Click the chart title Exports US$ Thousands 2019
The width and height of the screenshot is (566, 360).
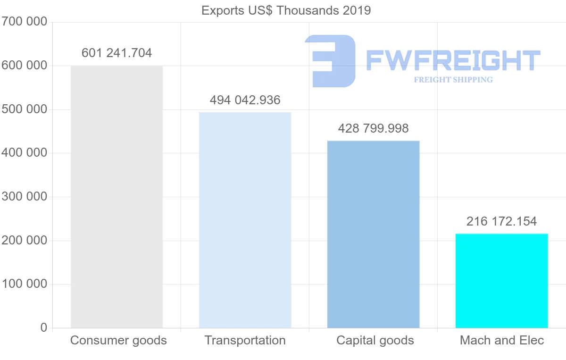(x=286, y=10)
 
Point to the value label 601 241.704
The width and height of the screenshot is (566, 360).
(x=117, y=53)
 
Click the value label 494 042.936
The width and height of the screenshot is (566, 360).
(x=245, y=100)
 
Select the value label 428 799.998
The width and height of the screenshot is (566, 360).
(x=373, y=128)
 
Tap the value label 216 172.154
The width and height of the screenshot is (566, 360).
(x=501, y=221)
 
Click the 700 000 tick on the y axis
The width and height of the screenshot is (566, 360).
(x=24, y=22)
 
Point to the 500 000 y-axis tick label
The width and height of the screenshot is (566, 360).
(x=24, y=109)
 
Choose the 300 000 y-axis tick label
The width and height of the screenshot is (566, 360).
(x=24, y=197)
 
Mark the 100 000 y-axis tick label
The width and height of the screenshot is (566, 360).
(x=24, y=284)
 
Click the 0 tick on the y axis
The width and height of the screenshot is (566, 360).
(x=44, y=327)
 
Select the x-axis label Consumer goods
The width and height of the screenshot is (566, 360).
(x=118, y=340)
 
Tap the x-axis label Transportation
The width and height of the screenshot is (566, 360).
(x=245, y=340)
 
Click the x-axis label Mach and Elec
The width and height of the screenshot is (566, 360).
(x=501, y=340)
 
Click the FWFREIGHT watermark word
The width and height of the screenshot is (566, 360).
(x=453, y=61)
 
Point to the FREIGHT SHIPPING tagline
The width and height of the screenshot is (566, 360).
(x=453, y=80)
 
